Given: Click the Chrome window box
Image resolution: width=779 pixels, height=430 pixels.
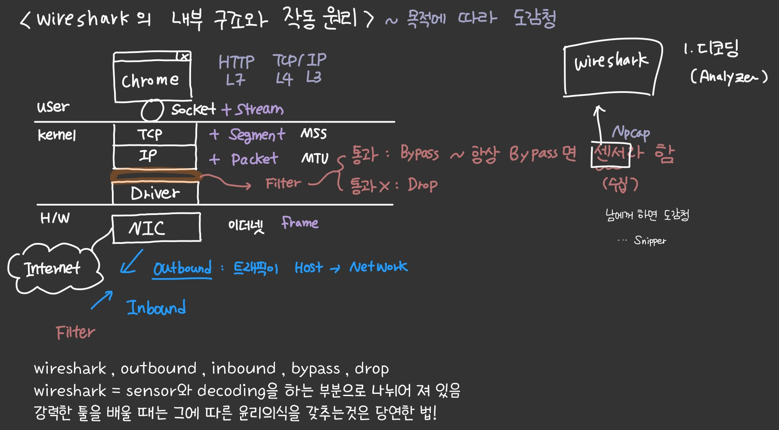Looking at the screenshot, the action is [x=152, y=80].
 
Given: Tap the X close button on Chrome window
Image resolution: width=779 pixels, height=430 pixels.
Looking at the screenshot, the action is [x=185, y=56].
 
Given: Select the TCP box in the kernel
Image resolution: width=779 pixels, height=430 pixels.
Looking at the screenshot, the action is [x=154, y=134].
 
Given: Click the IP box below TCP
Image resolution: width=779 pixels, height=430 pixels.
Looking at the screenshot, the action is [x=154, y=156].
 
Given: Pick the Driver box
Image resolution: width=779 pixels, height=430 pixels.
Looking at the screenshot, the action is [x=155, y=193].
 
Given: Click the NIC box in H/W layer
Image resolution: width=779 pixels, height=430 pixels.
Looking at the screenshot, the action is [x=156, y=228].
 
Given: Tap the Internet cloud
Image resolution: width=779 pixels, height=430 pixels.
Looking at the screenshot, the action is [x=53, y=269].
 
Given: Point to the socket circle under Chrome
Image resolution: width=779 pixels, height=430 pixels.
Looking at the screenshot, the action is [x=152, y=111].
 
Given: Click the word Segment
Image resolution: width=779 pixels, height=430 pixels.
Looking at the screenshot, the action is [x=257, y=135].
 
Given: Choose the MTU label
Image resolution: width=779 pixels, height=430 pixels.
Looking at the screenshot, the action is [x=315, y=159].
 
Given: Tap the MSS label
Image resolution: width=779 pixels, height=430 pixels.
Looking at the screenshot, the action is [x=313, y=134].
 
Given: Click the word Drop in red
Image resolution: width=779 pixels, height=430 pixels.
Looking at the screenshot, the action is [x=423, y=185].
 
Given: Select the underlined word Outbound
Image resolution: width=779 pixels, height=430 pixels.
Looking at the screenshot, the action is [x=182, y=268].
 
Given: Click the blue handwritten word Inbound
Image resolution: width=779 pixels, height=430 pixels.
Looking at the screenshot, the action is [x=156, y=308].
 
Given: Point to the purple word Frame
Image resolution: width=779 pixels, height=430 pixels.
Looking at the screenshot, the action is [x=300, y=223].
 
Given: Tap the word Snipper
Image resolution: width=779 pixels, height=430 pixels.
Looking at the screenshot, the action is [x=650, y=240].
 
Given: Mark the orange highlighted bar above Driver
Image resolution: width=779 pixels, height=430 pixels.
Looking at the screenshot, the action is [x=156, y=176].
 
